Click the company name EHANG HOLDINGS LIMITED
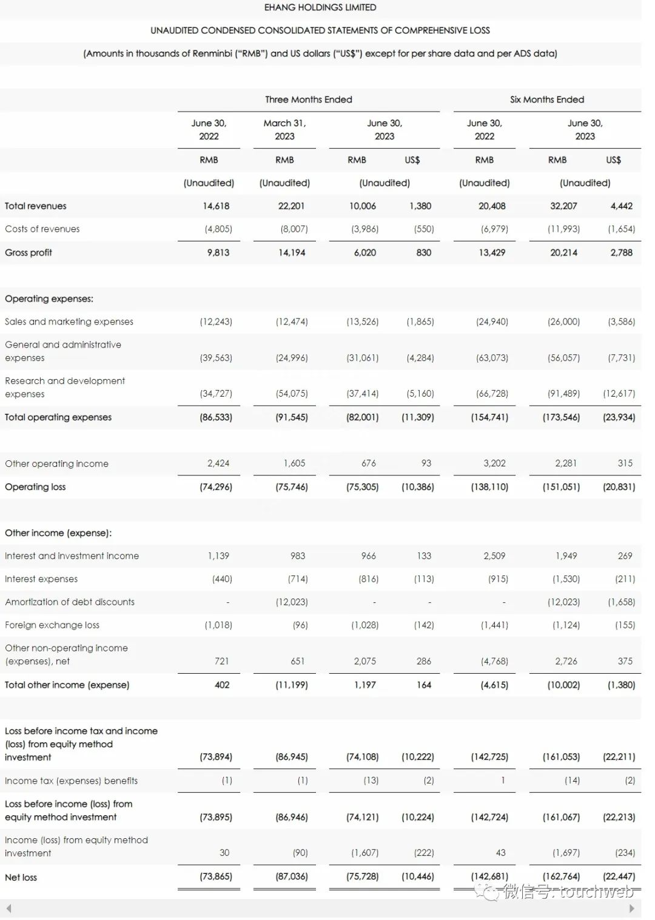click(320, 7)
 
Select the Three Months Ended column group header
click(309, 99)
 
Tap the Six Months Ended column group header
click(547, 99)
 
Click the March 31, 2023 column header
click(284, 129)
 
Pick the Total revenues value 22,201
click(291, 206)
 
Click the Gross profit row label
click(29, 252)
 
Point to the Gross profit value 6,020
click(364, 252)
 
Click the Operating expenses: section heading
click(49, 298)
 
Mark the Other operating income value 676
click(368, 463)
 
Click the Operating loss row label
click(35, 487)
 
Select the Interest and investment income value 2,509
click(494, 556)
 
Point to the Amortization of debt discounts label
click(70, 602)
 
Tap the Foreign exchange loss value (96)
click(300, 625)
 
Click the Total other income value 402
click(222, 685)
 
